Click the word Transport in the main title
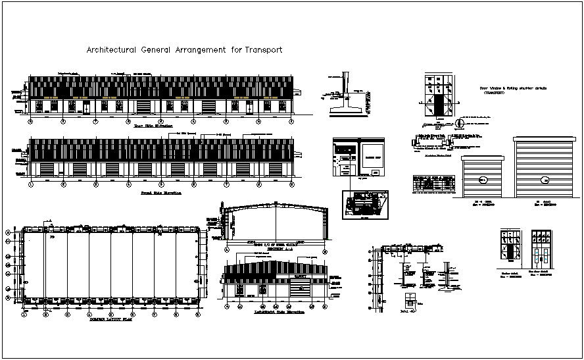tap(262, 49)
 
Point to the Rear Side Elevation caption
tap(153, 126)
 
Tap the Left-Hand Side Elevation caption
tap(274, 313)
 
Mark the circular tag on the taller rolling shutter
tap(544, 180)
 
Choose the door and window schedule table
tap(434, 184)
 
